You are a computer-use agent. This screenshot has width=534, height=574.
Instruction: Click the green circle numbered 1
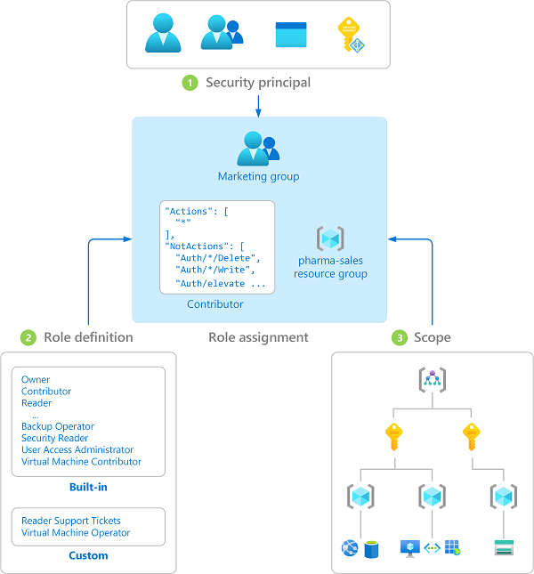[189, 83]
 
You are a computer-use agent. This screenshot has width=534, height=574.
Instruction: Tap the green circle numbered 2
[28, 337]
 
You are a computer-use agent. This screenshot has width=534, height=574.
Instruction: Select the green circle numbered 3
[400, 337]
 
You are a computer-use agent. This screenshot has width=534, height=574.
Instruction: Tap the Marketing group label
[258, 176]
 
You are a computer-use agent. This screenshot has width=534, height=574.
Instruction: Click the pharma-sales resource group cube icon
[330, 238]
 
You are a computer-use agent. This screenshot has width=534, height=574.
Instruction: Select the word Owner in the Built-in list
[36, 380]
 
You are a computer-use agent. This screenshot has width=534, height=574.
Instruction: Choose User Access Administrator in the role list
[77, 450]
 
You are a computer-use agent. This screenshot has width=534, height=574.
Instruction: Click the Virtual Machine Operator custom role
[76, 533]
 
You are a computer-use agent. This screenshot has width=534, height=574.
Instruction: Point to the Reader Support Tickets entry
[71, 521]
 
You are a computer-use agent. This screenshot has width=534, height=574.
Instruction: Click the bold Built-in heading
[88, 488]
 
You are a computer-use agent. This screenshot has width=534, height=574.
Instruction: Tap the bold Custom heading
[88, 555]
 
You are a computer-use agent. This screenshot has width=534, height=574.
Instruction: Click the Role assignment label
[258, 337]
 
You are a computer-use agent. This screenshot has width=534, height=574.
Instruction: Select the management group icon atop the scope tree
[432, 379]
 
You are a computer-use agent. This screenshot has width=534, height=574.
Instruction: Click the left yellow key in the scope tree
[392, 436]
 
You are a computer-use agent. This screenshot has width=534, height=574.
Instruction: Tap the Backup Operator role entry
[58, 426]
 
